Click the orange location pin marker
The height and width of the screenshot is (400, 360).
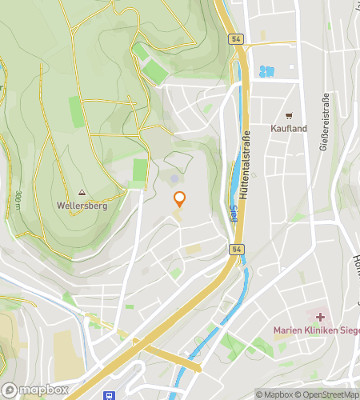179,199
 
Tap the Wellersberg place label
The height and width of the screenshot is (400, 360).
82,205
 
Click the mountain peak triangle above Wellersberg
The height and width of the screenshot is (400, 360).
82,193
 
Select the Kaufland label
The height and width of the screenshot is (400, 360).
289,128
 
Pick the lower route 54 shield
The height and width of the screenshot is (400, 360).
238,250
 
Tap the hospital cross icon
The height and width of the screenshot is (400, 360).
321,318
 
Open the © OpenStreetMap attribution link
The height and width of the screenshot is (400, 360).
329,394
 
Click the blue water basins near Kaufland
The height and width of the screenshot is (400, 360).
266,71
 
